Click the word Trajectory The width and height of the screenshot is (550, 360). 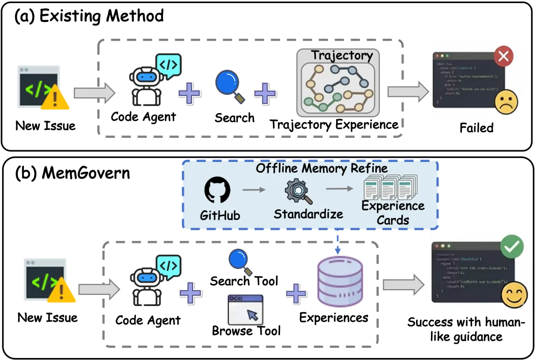[x=342, y=56]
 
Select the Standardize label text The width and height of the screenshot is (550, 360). [x=308, y=214]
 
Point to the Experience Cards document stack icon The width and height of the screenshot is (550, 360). [x=390, y=188]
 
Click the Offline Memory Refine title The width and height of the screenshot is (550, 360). [x=321, y=168]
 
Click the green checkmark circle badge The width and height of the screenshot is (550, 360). [x=511, y=247]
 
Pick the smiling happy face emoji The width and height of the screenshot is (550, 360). [x=513, y=295]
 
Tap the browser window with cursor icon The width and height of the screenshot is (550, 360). [x=245, y=309]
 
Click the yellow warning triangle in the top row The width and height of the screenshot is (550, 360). [x=56, y=96]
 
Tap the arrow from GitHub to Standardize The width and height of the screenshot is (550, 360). [x=254, y=190]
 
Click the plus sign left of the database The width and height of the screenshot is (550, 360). [x=296, y=293]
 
